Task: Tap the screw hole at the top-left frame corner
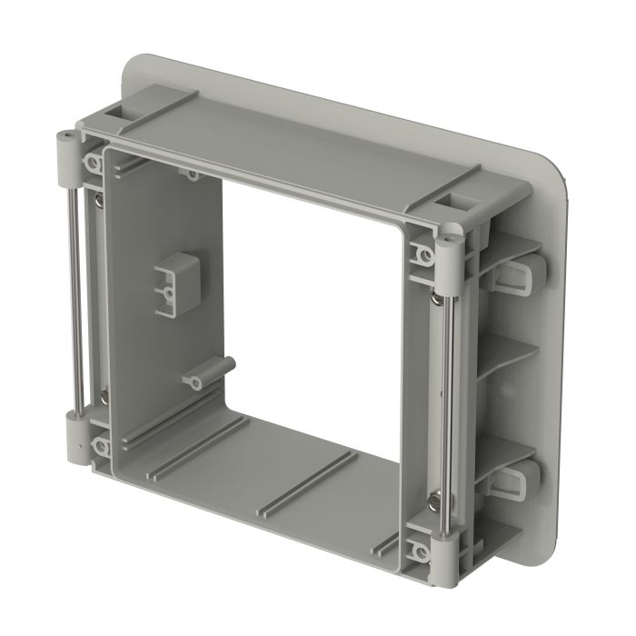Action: click(94, 164)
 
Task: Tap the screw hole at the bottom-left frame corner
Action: click(98, 447)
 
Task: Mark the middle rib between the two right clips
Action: click(509, 354)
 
